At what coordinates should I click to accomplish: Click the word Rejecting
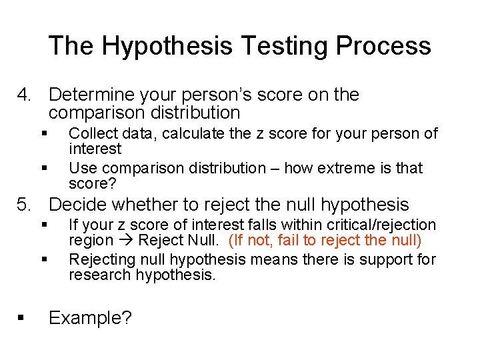coord(100,259)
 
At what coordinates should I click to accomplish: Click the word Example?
coord(90,318)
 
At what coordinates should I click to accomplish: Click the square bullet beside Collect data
coord(44,133)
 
